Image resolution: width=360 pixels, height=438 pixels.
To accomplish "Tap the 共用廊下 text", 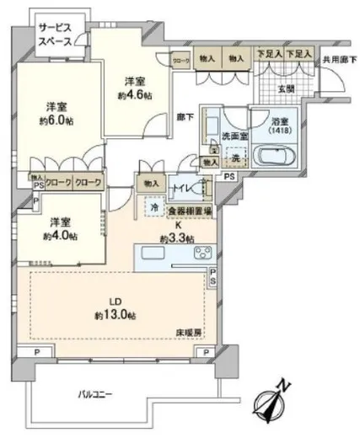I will tap(338, 60).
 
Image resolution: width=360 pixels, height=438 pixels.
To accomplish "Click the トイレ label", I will tap(179, 188).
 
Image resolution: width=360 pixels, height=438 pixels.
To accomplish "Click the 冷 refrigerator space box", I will tap(153, 206).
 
